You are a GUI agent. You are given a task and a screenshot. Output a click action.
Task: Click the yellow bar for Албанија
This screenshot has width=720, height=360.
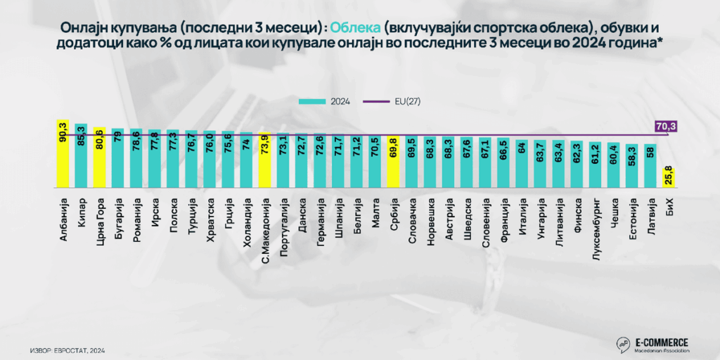pyautogui.click(x=62, y=154)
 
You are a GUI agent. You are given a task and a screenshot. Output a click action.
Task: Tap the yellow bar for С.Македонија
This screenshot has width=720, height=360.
pyautogui.click(x=264, y=161)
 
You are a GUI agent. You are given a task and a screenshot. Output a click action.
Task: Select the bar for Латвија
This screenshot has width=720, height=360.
pyautogui.click(x=650, y=166)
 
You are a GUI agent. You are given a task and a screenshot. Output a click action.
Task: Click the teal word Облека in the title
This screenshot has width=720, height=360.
pyautogui.click(x=356, y=27)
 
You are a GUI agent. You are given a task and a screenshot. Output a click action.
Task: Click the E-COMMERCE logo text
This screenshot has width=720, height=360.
pyautogui.click(x=661, y=341)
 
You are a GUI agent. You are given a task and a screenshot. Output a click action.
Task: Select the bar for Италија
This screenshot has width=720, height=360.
pyautogui.click(x=522, y=164)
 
